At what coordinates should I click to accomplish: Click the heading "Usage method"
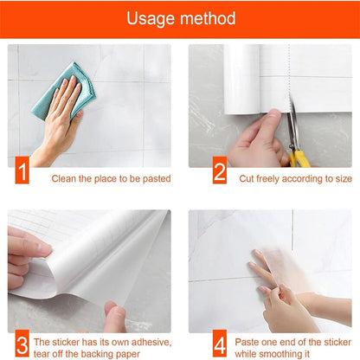180,19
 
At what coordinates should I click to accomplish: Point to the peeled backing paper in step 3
112,260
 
